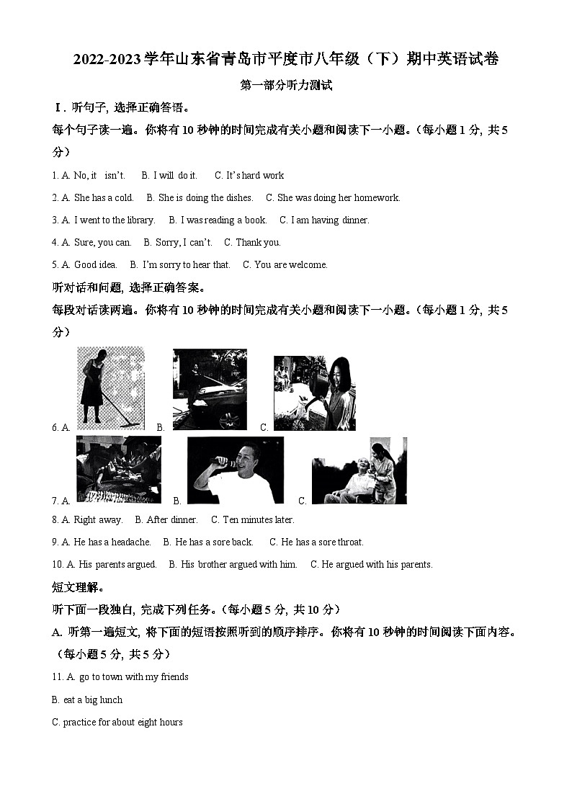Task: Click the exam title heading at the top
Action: (x=286, y=59)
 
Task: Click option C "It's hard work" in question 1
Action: (x=249, y=175)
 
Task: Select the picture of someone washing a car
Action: (x=210, y=389)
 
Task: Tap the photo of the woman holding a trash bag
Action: (x=314, y=393)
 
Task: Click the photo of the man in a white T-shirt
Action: (x=235, y=470)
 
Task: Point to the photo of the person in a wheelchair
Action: (x=359, y=470)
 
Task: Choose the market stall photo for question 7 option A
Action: (x=118, y=469)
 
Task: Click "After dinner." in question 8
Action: (x=166, y=519)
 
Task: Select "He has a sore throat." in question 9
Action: (x=316, y=542)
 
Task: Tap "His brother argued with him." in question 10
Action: (x=233, y=564)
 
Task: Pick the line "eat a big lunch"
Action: (x=88, y=700)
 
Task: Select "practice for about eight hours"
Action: (x=117, y=722)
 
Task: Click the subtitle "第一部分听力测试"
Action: (x=286, y=85)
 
